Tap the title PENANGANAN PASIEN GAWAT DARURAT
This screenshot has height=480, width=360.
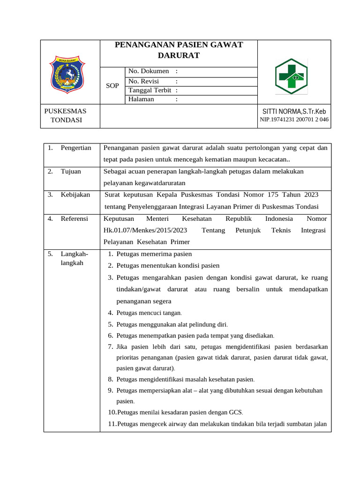point(179,50)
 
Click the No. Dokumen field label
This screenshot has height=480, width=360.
point(149,71)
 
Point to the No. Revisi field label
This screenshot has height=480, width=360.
point(144,81)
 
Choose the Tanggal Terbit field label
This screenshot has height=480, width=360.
point(150,90)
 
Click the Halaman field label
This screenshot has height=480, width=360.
point(141,99)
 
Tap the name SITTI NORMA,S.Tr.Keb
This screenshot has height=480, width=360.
point(294,112)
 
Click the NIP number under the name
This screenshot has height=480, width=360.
point(294,120)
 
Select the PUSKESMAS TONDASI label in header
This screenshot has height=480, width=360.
point(65,115)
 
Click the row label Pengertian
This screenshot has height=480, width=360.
point(75,148)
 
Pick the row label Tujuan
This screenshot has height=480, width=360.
point(71,171)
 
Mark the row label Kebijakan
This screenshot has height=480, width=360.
point(75,195)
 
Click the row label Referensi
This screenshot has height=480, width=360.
point(74,219)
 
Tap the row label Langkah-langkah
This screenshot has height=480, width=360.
point(74,258)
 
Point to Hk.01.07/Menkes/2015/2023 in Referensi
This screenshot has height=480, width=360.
point(145,230)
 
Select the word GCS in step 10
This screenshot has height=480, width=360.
point(236,412)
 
